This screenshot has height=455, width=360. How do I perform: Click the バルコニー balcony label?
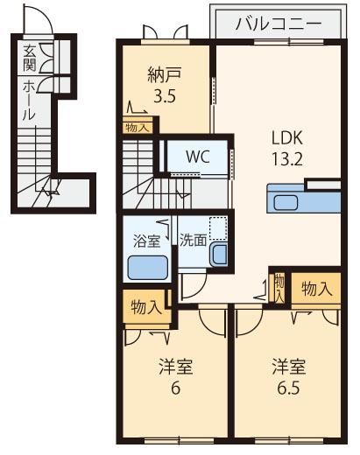pyautogui.click(x=279, y=24)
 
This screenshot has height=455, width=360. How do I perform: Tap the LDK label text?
pyautogui.click(x=287, y=137)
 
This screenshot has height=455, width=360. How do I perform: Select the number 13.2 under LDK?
pyautogui.click(x=287, y=158)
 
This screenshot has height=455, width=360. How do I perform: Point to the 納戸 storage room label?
pyautogui.click(x=165, y=74)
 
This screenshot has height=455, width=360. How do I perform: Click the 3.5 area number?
pyautogui.click(x=165, y=95)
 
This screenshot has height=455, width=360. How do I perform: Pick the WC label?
pyautogui.click(x=198, y=157)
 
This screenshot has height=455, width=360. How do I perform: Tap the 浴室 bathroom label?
pyautogui.click(x=146, y=241)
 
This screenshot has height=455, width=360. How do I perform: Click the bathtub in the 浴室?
pyautogui.click(x=148, y=268)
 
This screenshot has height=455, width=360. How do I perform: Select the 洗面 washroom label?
pyautogui.click(x=193, y=240)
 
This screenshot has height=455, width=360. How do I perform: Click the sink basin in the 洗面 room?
pyautogui.click(x=220, y=255)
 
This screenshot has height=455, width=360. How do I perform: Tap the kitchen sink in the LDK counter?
pyautogui.click(x=286, y=203)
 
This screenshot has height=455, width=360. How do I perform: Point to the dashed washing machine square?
pyautogui.click(x=218, y=228)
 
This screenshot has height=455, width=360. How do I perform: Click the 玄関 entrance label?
pyautogui.click(x=30, y=59)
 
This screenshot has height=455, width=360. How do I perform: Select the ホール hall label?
pyautogui.click(x=29, y=100)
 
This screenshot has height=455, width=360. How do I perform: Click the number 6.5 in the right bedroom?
pyautogui.click(x=288, y=388)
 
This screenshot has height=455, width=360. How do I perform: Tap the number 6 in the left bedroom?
pyautogui.click(x=175, y=388)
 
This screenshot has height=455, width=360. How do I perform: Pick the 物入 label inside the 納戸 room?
pyautogui.click(x=137, y=128)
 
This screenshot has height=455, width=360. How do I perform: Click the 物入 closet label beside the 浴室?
pyautogui.click(x=146, y=307)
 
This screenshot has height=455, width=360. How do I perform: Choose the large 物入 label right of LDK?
pyautogui.click(x=316, y=289)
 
